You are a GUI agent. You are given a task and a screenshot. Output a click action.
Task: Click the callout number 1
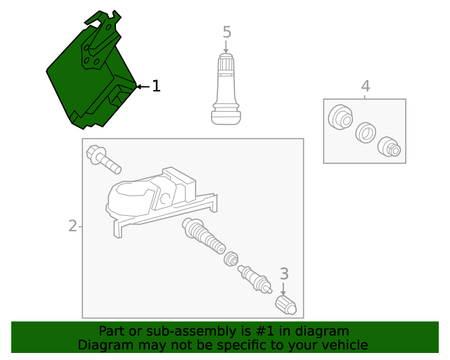point(156,86)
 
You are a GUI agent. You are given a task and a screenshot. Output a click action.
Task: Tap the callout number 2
point(73,226)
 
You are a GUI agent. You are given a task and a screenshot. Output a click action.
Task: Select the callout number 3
point(284,274)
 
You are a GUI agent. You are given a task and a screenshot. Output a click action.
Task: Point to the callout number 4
point(366,86)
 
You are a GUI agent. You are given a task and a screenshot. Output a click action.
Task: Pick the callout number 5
point(226,32)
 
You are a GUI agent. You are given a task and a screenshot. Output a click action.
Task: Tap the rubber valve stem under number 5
point(226,89)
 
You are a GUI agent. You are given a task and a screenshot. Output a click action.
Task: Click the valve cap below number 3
point(285,305)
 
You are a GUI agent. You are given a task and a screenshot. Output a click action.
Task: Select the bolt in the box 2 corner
point(103,160)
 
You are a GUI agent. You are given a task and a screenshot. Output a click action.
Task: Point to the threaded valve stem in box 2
point(203,236)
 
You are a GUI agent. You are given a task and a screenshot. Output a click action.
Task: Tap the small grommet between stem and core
point(231,259)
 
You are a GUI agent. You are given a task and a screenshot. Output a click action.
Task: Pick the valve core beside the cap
point(255,278)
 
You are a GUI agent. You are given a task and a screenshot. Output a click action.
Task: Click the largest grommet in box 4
point(340,117)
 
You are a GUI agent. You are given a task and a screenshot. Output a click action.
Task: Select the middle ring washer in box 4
point(366,133)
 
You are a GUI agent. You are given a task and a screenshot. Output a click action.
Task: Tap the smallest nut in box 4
point(389,147)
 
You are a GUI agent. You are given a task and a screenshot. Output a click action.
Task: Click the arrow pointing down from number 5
point(226,47)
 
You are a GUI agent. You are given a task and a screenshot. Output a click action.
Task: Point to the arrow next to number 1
point(143,86)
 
